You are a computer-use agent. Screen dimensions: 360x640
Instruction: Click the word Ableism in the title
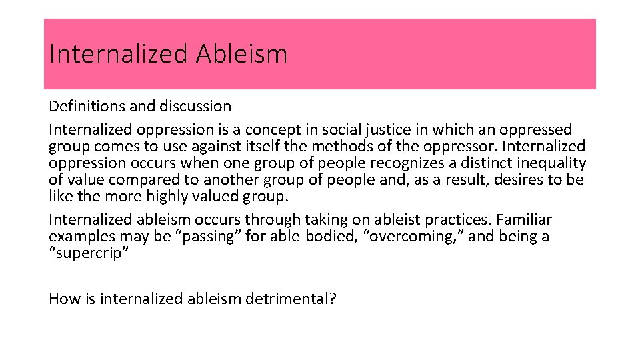click(x=241, y=54)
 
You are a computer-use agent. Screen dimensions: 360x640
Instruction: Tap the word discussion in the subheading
click(x=195, y=106)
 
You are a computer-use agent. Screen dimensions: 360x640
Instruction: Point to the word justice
click(x=364, y=129)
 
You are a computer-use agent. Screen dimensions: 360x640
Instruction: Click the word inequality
click(x=547, y=163)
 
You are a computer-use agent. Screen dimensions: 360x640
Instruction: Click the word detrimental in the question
click(x=291, y=299)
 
